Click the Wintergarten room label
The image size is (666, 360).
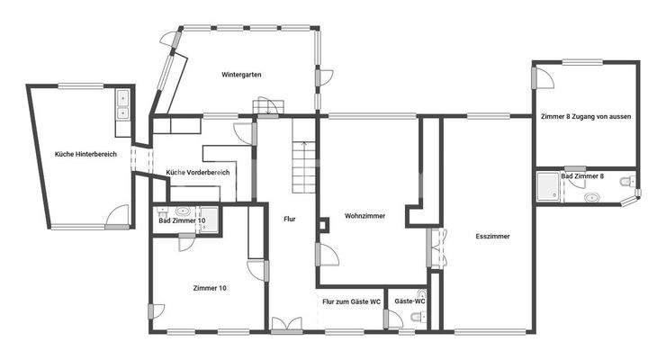click(x=241, y=75)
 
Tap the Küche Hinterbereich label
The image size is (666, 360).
click(x=85, y=154)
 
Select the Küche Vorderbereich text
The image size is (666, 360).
click(x=198, y=172)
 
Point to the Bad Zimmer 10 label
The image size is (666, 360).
click(x=182, y=220)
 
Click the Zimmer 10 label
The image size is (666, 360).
click(x=209, y=288)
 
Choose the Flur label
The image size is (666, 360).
click(x=289, y=219)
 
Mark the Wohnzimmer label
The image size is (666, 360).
click(x=364, y=215)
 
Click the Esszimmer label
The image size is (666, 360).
click(x=492, y=236)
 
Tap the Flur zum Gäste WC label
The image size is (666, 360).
click(x=351, y=301)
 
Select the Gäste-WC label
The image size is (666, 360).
click(x=409, y=301)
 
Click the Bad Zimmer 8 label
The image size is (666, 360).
click(x=582, y=176)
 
